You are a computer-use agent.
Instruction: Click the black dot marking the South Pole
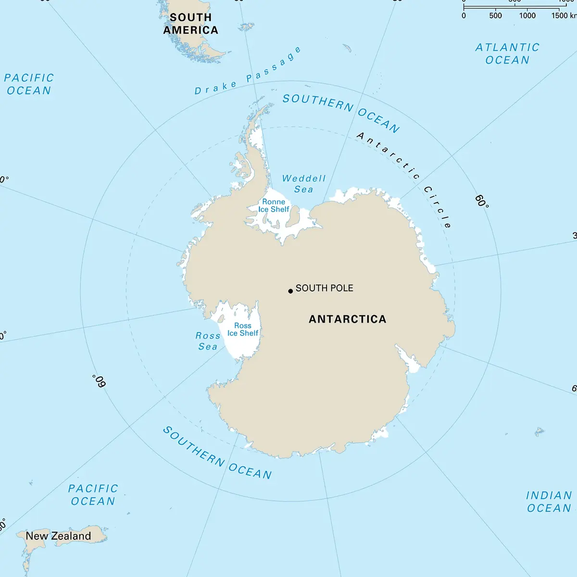click(290, 291)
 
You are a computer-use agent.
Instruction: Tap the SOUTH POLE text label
click(324, 288)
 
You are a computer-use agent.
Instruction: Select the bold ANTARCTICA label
click(347, 319)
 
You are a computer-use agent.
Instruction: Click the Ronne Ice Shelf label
click(274, 206)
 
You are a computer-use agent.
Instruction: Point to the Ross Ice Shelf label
click(243, 329)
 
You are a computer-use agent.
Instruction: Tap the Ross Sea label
click(208, 341)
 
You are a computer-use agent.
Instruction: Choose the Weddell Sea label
click(304, 184)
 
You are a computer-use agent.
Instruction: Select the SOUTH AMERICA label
click(191, 24)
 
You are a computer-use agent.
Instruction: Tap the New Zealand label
click(58, 536)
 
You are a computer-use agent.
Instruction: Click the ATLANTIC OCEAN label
click(507, 53)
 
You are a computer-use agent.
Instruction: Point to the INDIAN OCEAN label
click(549, 502)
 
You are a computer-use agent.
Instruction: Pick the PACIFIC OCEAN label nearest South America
click(29, 84)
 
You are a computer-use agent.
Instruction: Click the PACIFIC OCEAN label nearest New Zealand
click(93, 495)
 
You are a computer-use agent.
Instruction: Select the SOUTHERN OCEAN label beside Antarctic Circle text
click(340, 112)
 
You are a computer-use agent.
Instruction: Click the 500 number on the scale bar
click(495, 15)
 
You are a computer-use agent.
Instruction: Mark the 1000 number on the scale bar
click(527, 15)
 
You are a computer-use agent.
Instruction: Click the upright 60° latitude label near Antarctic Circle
click(482, 201)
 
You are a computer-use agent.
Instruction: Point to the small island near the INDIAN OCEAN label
click(539, 431)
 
